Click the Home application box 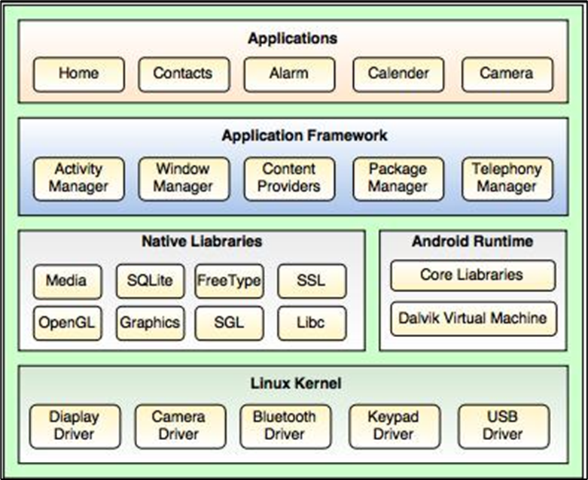point(78,74)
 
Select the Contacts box point(183,74)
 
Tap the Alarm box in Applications point(288,74)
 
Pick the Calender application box point(398,74)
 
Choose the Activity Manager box point(78,178)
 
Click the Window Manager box point(183,178)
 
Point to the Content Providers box point(289,178)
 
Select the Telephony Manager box point(507,178)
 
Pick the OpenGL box point(67,324)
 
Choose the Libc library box point(311,324)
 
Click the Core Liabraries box point(472,275)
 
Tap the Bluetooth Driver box point(285,426)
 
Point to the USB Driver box point(503,426)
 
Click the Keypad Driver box point(394,426)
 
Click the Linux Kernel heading point(295,384)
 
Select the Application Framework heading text point(304,136)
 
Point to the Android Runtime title point(472,242)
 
